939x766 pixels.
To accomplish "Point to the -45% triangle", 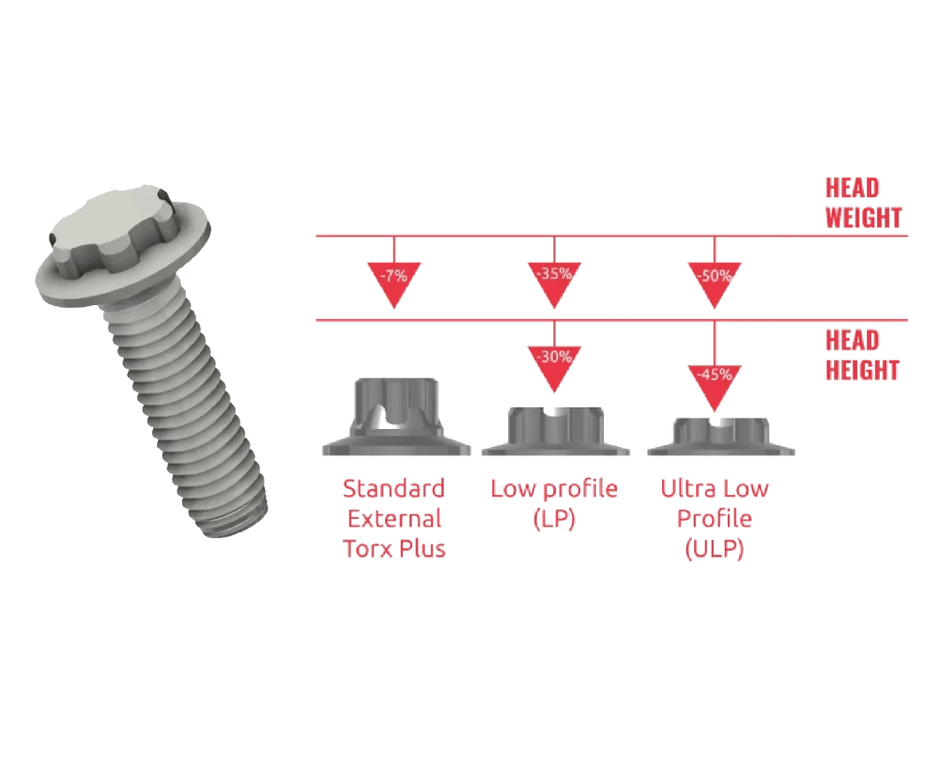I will coord(716,380).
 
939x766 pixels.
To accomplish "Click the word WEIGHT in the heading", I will coord(863,218).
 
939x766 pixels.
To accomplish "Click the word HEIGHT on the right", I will coord(862,370).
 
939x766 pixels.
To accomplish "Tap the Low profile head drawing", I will coord(554,431).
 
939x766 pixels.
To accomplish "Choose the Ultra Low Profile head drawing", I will coord(720,437).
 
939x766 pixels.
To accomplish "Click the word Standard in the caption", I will coord(393,489).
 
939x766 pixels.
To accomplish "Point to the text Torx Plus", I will coord(394,549).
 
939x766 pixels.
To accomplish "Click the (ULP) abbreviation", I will coord(715,549).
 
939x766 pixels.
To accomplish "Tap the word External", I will coord(394,519).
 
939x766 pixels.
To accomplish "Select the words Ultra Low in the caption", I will coord(715,489).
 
